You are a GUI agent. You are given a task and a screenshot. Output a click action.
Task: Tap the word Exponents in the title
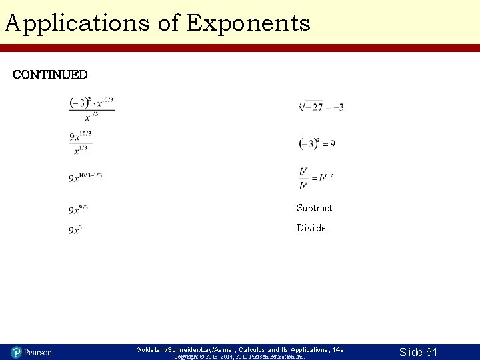249,23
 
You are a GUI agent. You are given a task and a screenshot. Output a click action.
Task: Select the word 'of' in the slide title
167,23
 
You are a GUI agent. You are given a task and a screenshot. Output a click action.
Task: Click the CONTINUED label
50,74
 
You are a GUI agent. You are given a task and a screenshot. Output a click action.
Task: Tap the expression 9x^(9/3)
79,209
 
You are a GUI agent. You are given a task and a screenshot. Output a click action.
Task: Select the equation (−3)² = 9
317,143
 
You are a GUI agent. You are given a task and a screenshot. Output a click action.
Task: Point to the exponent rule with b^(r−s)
317,177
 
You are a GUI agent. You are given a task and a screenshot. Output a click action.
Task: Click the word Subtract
315,208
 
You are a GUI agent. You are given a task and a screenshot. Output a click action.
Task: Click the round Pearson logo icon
17,351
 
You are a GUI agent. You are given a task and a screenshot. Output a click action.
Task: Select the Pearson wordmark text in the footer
39,351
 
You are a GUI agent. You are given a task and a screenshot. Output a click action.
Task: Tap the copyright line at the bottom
239,357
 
